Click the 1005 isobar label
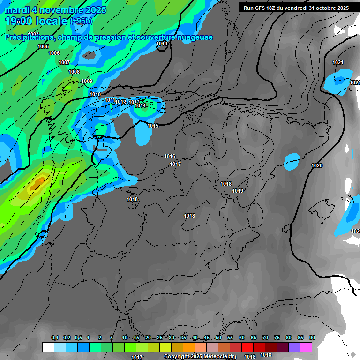[43, 46]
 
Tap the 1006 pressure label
[54, 53]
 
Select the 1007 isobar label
[64, 62]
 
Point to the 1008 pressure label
[74, 72]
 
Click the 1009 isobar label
[87, 81]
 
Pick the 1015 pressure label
[153, 126]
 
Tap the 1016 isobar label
[170, 156]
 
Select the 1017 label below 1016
[175, 164]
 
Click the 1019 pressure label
[238, 191]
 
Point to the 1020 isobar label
[317, 165]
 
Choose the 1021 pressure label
[337, 62]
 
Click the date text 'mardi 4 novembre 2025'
[56, 10]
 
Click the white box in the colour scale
[48, 347]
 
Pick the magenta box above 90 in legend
[307, 347]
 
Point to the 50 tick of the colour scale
[218, 338]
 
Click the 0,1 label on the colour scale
[55, 338]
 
